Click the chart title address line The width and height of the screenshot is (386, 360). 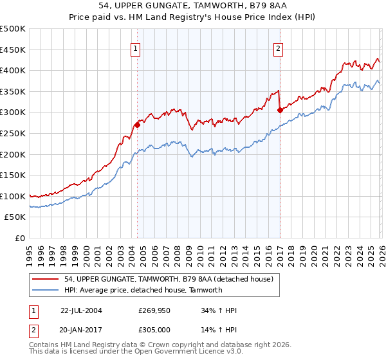coord(193,6)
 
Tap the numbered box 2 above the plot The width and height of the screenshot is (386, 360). coord(279,48)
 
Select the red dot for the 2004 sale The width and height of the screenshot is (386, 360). coord(137,125)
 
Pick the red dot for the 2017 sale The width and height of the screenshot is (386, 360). coord(280,110)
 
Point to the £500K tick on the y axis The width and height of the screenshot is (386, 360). coord(13,29)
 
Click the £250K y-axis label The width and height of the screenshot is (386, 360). coord(13,133)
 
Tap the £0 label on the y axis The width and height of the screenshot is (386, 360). coord(21,238)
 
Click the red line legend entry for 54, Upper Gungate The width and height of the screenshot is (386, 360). coord(169,279)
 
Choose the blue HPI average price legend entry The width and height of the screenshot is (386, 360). coord(143,290)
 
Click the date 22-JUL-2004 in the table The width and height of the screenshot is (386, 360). coord(81,310)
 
